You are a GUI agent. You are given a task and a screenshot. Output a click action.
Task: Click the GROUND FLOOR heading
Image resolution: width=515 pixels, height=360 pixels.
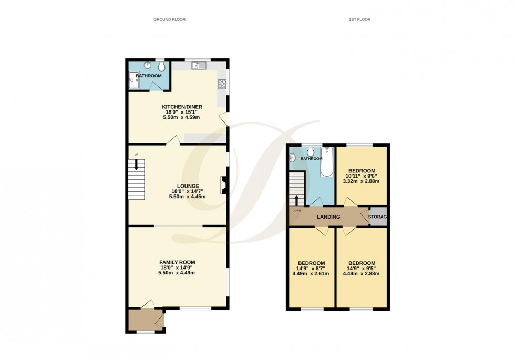click(169, 19)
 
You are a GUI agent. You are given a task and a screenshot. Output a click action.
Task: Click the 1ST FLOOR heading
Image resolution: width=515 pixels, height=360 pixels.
click(359, 19)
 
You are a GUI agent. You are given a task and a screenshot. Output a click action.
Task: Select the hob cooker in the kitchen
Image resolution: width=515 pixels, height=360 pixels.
click(222, 84)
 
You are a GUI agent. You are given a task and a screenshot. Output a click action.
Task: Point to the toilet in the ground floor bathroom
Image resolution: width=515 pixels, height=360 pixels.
click(161, 67)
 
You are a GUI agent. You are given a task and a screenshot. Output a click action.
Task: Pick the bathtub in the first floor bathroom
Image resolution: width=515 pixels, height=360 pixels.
click(327, 161)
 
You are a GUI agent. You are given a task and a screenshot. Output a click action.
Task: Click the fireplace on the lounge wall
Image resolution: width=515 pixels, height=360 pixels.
click(224, 185)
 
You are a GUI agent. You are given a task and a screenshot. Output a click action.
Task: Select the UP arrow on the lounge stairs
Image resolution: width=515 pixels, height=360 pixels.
click(137, 165)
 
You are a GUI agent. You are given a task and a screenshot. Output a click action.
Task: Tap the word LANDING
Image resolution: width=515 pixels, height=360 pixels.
click(328, 217)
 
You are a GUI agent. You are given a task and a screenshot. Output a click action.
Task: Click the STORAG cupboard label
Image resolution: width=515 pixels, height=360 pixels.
click(378, 217)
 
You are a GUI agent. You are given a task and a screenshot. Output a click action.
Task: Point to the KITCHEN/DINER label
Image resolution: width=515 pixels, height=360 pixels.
click(182, 107)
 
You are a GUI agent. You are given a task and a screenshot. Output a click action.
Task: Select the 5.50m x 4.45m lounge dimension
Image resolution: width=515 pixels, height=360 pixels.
click(187, 197)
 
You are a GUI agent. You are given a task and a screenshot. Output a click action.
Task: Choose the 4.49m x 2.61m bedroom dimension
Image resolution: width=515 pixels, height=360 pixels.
click(311, 274)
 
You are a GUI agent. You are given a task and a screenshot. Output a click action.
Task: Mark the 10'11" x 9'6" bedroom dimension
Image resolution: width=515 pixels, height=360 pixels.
click(362, 176)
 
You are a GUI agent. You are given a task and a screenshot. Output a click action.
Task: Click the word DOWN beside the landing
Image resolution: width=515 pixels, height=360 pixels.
click(297, 211)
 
